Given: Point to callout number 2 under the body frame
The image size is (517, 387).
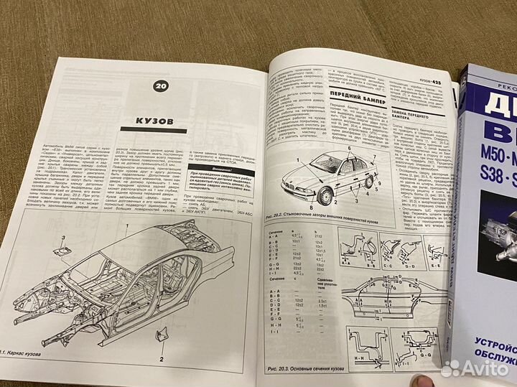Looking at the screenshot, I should tap(162, 357).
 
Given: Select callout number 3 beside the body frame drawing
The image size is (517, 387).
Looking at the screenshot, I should tap(62, 237).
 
